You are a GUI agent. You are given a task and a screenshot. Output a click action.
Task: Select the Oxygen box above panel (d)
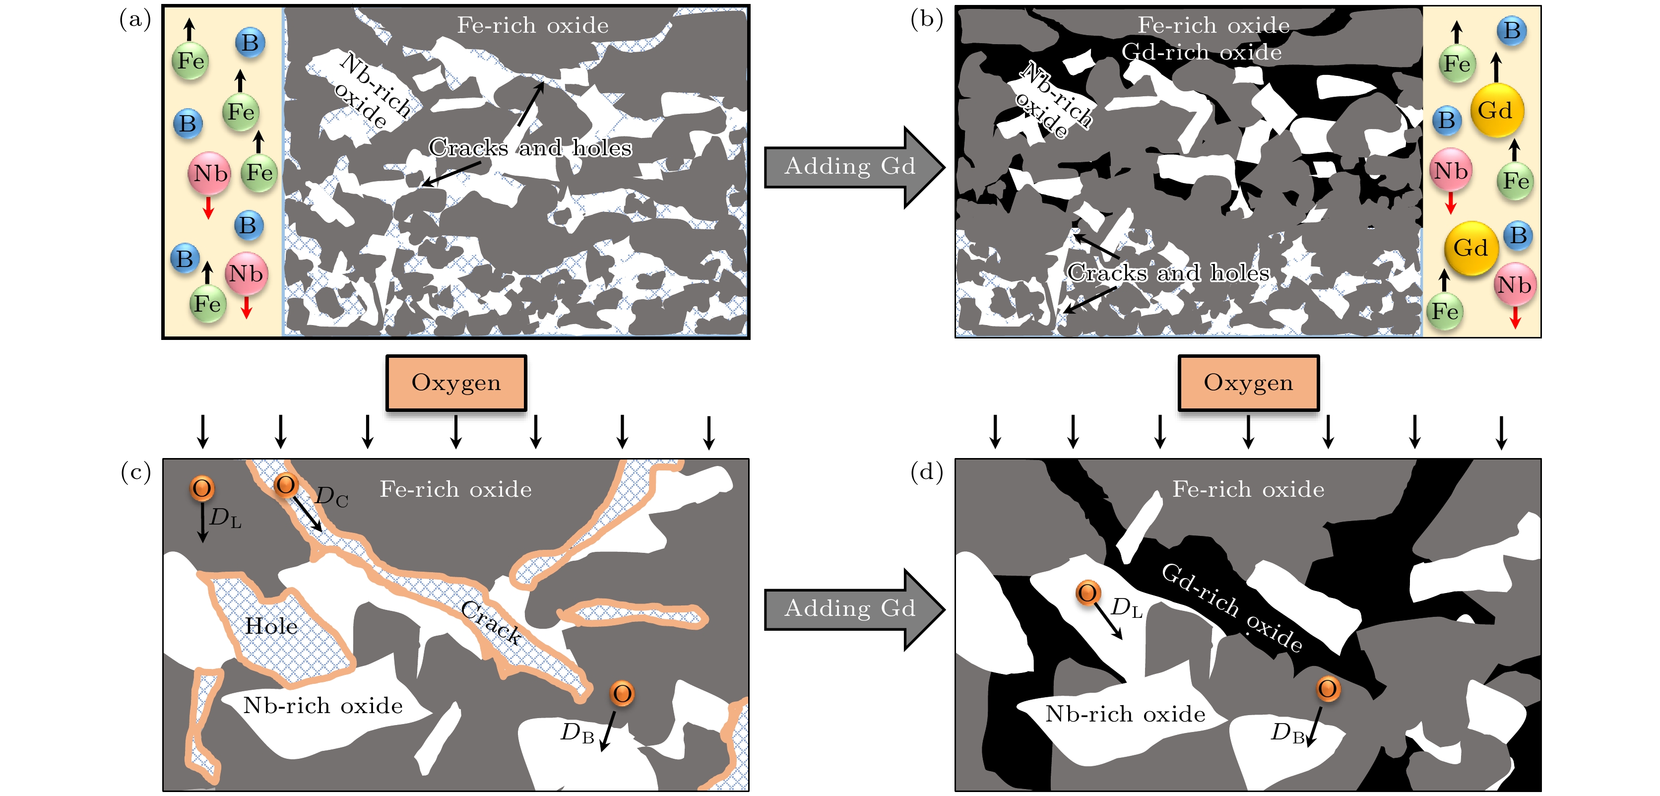tap(1248, 383)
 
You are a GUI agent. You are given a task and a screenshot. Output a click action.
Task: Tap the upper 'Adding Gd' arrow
tap(851, 167)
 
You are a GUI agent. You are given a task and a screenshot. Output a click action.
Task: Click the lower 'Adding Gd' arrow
tap(851, 608)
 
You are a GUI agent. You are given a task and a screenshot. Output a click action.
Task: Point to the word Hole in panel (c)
tap(271, 626)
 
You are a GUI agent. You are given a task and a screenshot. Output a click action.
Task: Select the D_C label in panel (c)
tap(331, 497)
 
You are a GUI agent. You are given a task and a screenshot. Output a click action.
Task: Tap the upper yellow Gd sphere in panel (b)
tap(1496, 111)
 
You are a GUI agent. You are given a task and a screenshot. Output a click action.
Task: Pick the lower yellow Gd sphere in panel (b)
tap(1470, 248)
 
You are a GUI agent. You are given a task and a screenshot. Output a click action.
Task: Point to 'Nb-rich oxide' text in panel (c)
tap(323, 706)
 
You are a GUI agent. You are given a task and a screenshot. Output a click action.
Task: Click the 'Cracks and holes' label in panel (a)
tap(530, 148)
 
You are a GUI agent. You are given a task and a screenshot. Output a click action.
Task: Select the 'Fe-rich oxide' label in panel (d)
tap(1248, 490)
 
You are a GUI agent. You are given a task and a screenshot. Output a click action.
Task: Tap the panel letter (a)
tap(135, 19)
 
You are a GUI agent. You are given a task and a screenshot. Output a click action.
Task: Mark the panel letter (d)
tap(927, 472)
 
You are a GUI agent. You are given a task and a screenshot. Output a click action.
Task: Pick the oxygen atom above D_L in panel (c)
tap(202, 488)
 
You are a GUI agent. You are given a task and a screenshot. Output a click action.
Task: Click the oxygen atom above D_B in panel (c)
tap(622, 693)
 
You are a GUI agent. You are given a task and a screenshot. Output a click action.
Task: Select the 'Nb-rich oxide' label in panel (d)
tap(1125, 714)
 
